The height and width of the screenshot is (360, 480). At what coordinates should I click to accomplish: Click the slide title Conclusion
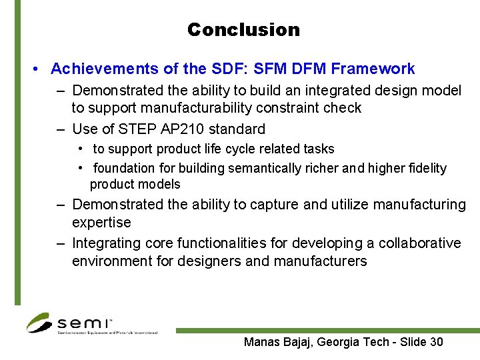pyautogui.click(x=243, y=30)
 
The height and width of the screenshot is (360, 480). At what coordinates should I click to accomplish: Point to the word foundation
pyautogui.click(x=124, y=169)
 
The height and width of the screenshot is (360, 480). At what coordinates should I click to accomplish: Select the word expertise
pyautogui.click(x=101, y=223)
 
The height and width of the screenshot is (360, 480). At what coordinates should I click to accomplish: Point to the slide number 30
pyautogui.click(x=436, y=343)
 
